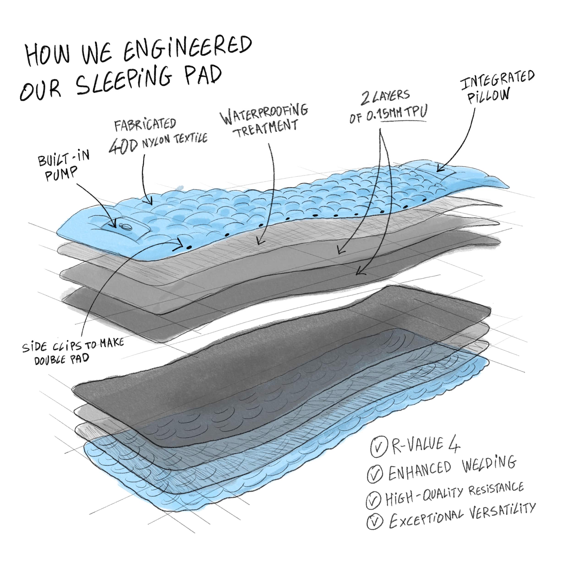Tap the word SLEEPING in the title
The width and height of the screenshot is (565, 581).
click(x=124, y=78)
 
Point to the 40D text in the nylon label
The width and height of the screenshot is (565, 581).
click(x=123, y=146)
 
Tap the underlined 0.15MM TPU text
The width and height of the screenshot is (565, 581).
click(x=396, y=113)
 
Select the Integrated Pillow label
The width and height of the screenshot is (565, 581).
click(x=497, y=87)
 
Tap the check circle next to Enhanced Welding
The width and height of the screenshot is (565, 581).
click(x=375, y=474)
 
